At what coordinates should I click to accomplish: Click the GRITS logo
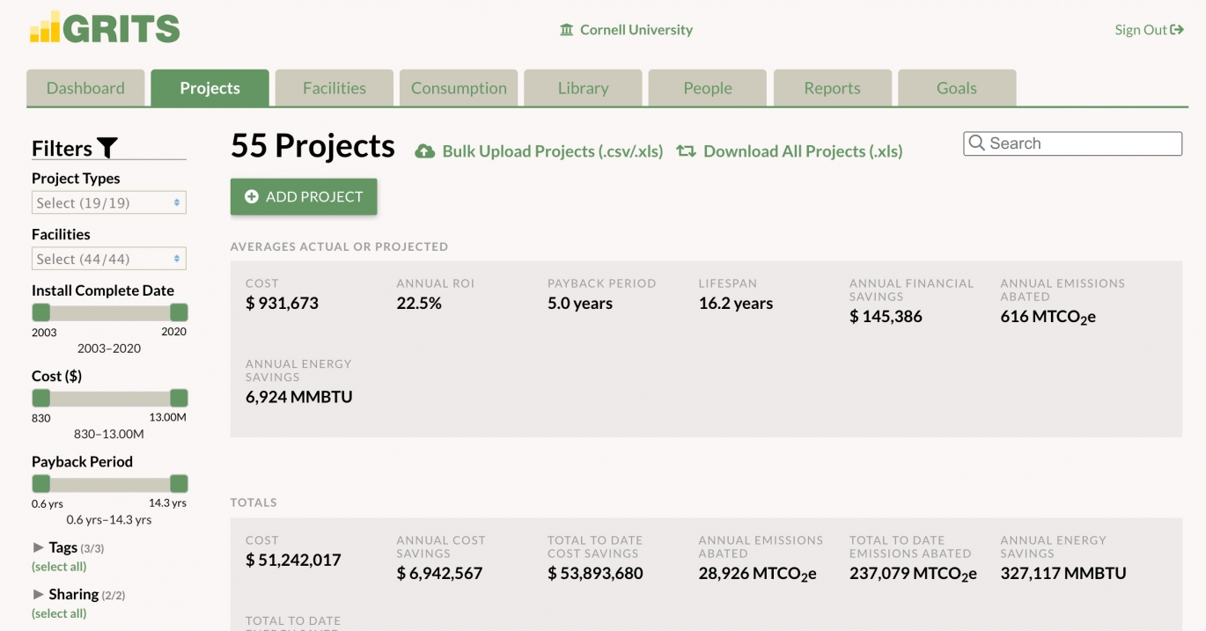pos(105,28)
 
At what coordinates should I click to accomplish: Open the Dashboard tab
pos(85,88)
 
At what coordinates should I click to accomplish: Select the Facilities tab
pos(334,88)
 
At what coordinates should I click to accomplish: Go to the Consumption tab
pos(459,88)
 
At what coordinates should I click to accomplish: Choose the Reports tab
pos(832,88)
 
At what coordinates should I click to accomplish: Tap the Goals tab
pos(956,88)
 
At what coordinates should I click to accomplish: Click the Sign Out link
pos(1149,30)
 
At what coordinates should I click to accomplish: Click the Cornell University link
pos(636,30)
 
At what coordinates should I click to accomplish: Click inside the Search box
pos(1083,143)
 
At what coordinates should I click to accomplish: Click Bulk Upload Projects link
pos(552,151)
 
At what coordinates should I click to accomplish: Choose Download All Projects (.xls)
pos(802,151)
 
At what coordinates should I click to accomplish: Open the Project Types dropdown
pos(109,203)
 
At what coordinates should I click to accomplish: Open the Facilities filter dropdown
pos(109,260)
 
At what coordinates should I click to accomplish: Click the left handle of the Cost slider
pos(41,398)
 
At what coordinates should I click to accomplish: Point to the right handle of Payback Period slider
pos(179,483)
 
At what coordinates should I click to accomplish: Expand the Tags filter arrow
pos(39,547)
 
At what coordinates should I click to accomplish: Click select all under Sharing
pos(59,613)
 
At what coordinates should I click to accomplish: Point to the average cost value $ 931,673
pos(282,304)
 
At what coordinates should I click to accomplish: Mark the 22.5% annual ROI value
pos(419,304)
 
